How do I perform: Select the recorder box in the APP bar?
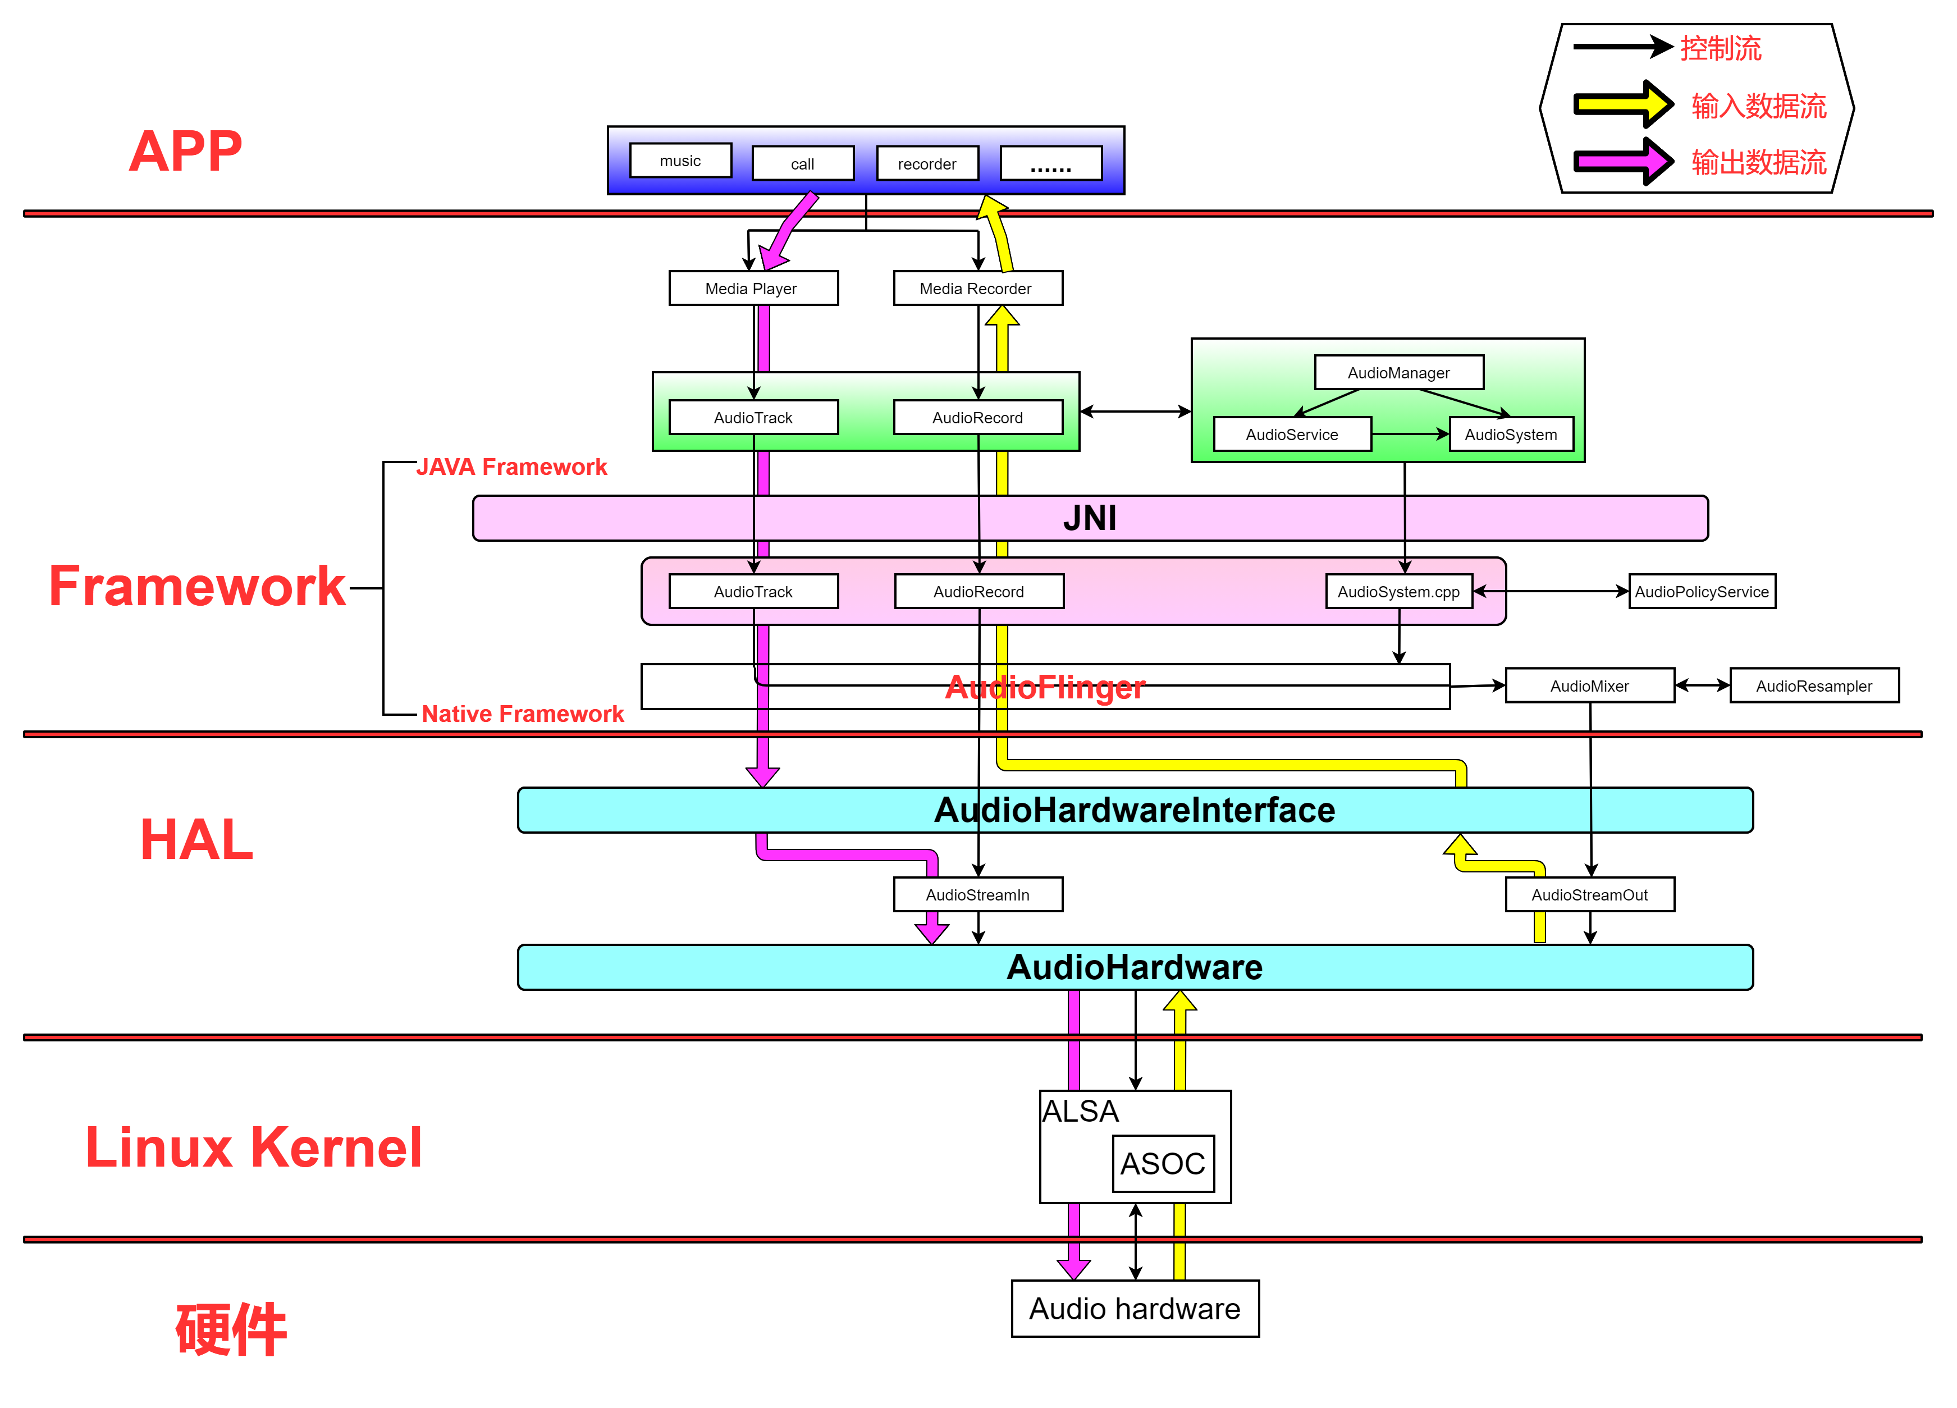click(x=927, y=164)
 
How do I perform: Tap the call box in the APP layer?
click(x=802, y=164)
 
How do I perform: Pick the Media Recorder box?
click(x=977, y=288)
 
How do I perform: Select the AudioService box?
click(x=1292, y=434)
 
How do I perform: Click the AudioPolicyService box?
click(x=1701, y=592)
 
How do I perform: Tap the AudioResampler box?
click(x=1814, y=686)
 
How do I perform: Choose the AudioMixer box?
click(x=1589, y=686)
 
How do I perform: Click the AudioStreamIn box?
click(x=977, y=895)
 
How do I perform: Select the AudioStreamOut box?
click(x=1589, y=895)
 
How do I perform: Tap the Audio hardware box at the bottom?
click(x=1135, y=1309)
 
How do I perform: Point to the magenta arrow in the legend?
click(x=1622, y=161)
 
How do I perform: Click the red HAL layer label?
click(x=196, y=839)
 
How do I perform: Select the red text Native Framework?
click(x=522, y=714)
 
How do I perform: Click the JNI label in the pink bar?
click(x=1090, y=519)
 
